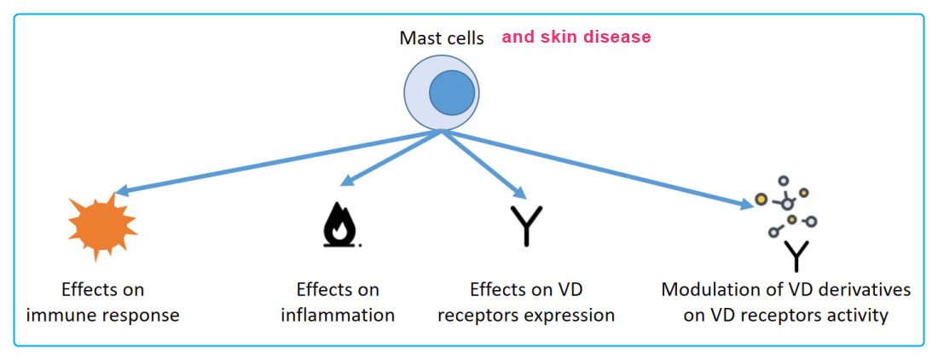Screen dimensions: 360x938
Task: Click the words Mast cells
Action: point(441,38)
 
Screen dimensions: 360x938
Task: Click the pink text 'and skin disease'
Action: point(576,38)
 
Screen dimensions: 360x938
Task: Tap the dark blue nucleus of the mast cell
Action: point(452,94)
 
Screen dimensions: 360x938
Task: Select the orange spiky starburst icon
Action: point(102,224)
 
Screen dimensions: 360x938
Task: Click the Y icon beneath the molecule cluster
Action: point(796,255)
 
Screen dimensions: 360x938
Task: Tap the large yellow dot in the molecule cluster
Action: point(761,200)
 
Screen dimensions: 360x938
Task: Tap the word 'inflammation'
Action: point(338,315)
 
